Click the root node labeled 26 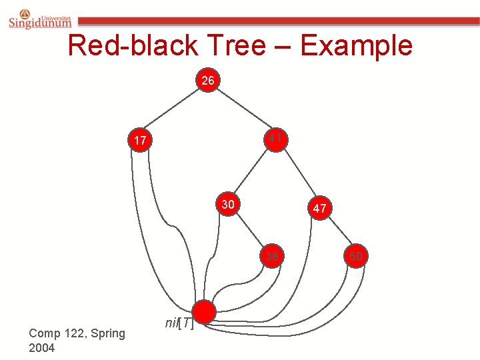point(208,81)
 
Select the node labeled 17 point(140,141)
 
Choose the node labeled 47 point(319,208)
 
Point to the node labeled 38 point(272,257)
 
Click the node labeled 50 point(356,255)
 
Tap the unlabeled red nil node point(204,311)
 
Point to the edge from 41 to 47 point(297,173)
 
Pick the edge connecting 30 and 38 point(250,231)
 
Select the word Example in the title point(356,45)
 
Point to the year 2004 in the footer point(42,348)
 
